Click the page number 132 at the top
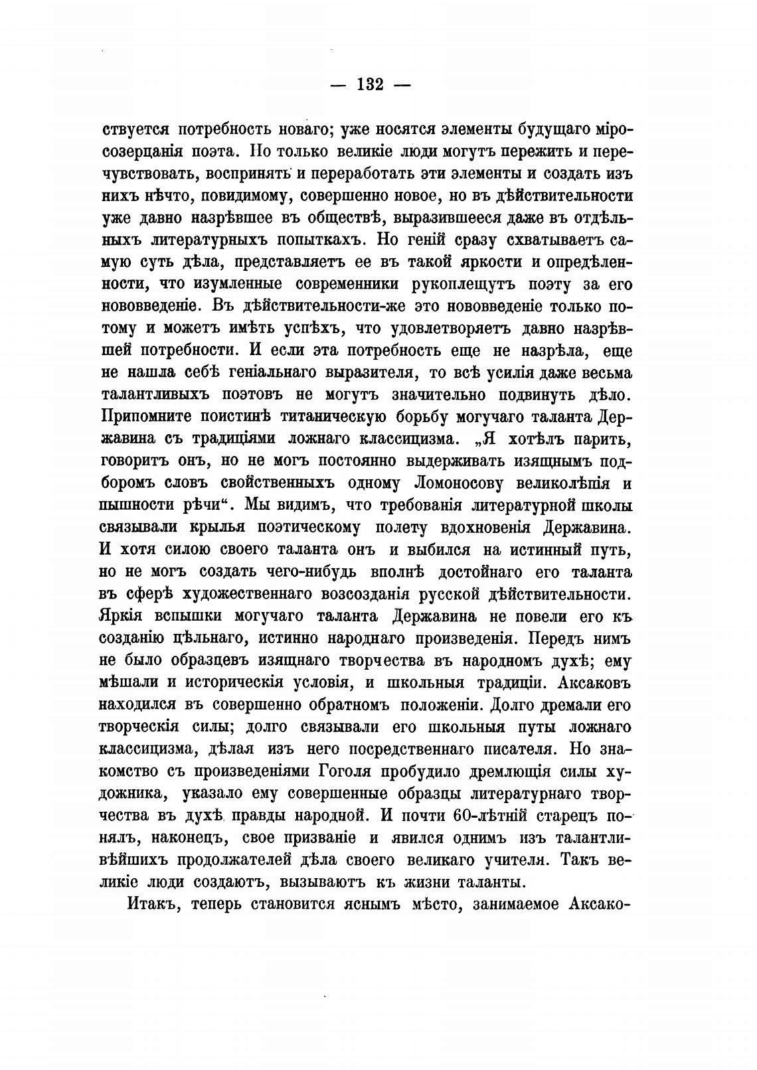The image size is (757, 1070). pos(371,84)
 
